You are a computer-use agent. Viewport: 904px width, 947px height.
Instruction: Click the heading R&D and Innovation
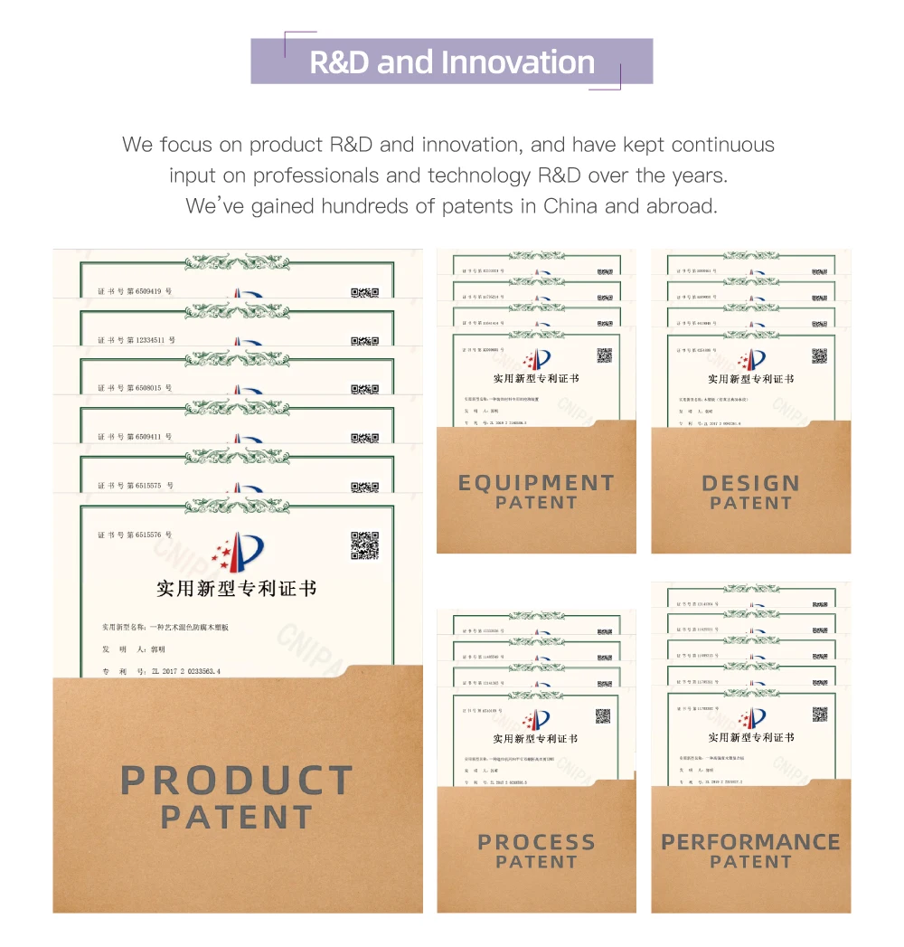pos(452,62)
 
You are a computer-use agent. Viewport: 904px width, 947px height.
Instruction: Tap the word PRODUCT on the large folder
pos(236,781)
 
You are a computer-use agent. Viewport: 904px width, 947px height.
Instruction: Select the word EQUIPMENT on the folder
pos(536,483)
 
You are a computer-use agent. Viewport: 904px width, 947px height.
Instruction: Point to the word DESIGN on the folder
pos(750,483)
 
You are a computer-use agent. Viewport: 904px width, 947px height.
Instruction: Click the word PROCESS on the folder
pos(536,842)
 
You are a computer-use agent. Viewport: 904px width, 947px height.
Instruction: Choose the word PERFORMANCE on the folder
pos(750,842)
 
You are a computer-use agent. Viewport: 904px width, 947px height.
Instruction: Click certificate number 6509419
pos(149,291)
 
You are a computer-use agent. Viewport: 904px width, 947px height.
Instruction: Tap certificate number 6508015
pos(149,388)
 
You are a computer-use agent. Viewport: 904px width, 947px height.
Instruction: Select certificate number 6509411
pos(149,437)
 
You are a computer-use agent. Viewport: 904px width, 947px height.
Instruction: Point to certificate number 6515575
pos(149,486)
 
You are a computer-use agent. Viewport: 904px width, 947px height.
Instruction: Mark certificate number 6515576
pos(149,535)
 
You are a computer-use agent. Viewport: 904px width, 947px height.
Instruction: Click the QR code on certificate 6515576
pos(364,545)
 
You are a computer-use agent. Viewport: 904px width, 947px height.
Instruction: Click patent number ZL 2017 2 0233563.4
pos(185,671)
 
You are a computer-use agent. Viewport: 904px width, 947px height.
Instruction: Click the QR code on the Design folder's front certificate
pos(819,355)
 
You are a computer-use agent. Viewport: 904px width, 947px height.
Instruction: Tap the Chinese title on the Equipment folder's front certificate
pos(536,379)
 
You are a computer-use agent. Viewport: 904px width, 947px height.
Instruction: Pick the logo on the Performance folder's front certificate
pos(751,720)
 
